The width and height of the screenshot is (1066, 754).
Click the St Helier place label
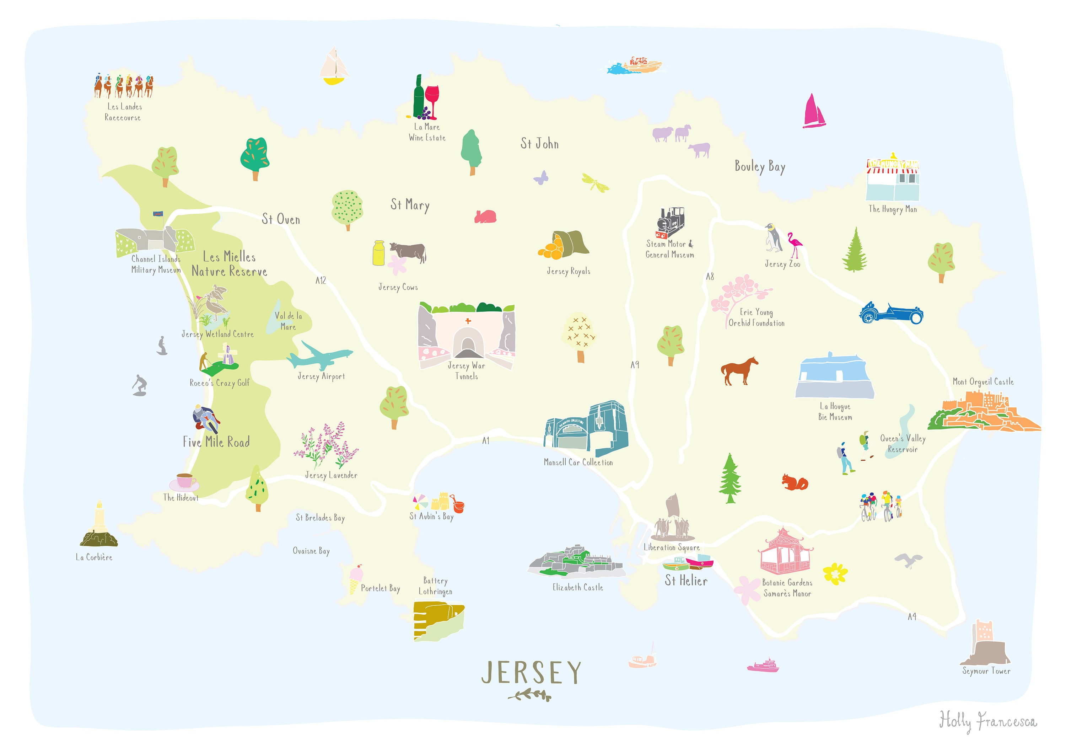click(x=686, y=581)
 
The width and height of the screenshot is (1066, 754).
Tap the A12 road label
click(x=321, y=280)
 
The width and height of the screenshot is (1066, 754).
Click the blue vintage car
click(x=890, y=314)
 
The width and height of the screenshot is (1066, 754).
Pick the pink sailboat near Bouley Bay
click(x=813, y=112)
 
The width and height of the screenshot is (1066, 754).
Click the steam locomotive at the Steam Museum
click(x=671, y=222)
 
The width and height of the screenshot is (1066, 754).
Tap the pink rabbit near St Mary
click(x=485, y=216)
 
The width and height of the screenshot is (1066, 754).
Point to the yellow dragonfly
click(x=595, y=183)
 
